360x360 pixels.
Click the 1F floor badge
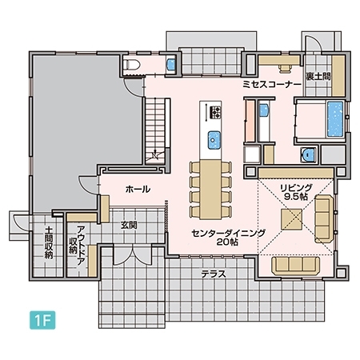(x=42, y=320)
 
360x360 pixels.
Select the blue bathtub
(x=335, y=118)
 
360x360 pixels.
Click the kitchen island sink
(x=214, y=139)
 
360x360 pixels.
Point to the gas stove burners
(x=215, y=112)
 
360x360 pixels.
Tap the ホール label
(x=138, y=190)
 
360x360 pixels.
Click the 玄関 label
(x=129, y=226)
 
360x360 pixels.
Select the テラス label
(x=214, y=274)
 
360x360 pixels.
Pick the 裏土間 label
(x=318, y=76)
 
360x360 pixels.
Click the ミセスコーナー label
(x=272, y=85)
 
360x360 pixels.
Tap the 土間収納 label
(x=49, y=242)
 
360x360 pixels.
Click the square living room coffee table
(x=291, y=219)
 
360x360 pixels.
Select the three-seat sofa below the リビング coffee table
(x=296, y=266)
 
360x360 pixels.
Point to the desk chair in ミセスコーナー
(x=285, y=69)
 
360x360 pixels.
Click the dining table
(x=210, y=190)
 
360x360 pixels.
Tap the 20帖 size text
(x=227, y=242)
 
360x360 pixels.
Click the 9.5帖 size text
(x=296, y=197)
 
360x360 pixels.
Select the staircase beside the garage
(x=155, y=131)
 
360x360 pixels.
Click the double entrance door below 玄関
(x=132, y=256)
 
